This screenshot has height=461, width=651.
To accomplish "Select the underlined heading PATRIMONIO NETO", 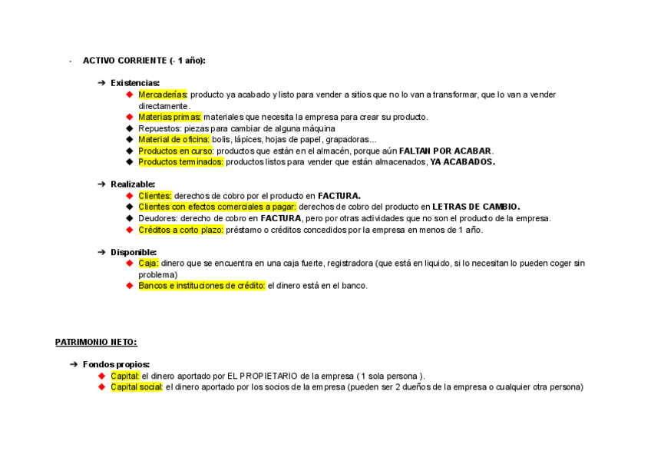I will point(96,342).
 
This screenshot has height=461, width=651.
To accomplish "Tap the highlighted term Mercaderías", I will point(163,95).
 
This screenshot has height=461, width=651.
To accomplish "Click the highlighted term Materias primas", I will point(170,117).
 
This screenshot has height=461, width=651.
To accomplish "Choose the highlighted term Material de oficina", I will point(173,140).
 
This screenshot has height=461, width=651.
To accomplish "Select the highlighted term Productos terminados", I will point(180,162).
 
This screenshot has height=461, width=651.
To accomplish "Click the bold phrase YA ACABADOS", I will point(462,162).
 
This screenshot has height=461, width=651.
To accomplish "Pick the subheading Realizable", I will point(133,184).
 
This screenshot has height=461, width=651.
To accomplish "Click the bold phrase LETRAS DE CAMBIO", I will point(476,207).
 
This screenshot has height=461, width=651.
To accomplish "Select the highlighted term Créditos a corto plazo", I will point(180,230).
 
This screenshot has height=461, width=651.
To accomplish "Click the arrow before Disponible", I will point(102,252).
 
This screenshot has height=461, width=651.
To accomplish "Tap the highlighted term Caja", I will point(148,264).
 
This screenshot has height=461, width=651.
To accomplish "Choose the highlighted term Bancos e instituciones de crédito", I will point(201,286).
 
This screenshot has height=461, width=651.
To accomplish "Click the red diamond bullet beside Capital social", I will point(102,387).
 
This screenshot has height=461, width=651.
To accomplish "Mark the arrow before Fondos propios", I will point(74,364).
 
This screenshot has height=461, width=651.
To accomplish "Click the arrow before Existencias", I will point(102,83).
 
